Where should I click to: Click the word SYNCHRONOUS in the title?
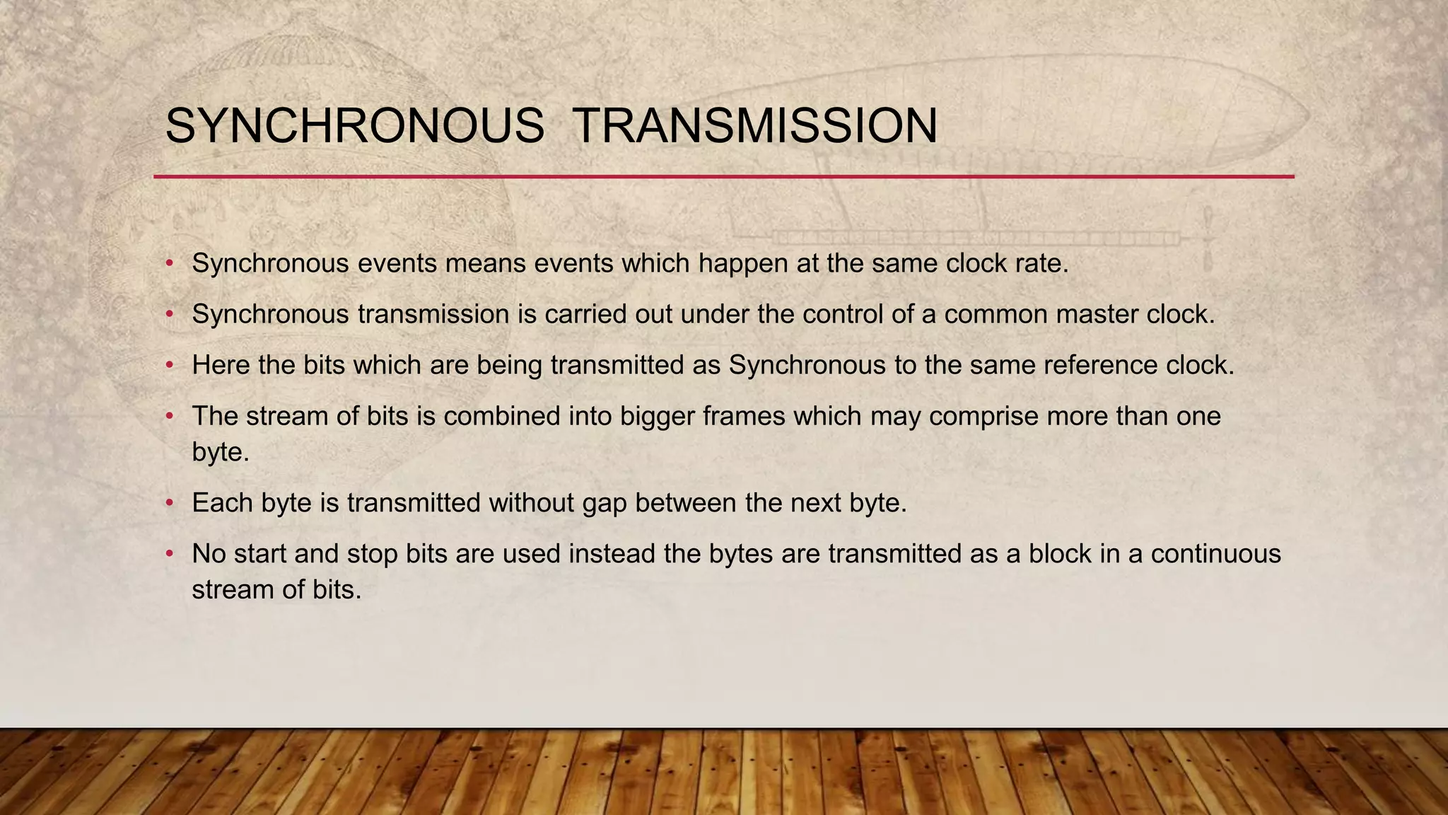pos(354,127)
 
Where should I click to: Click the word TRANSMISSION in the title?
pos(754,127)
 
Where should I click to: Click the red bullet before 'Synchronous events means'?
pos(169,264)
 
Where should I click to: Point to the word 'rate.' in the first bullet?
pos(1043,264)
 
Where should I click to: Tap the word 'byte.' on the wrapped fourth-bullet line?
pos(221,452)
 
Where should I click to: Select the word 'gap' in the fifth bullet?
pos(605,504)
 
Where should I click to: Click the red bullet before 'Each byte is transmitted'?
pos(169,503)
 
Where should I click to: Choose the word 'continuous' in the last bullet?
pos(1215,553)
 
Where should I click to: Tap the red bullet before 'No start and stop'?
pos(169,554)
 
